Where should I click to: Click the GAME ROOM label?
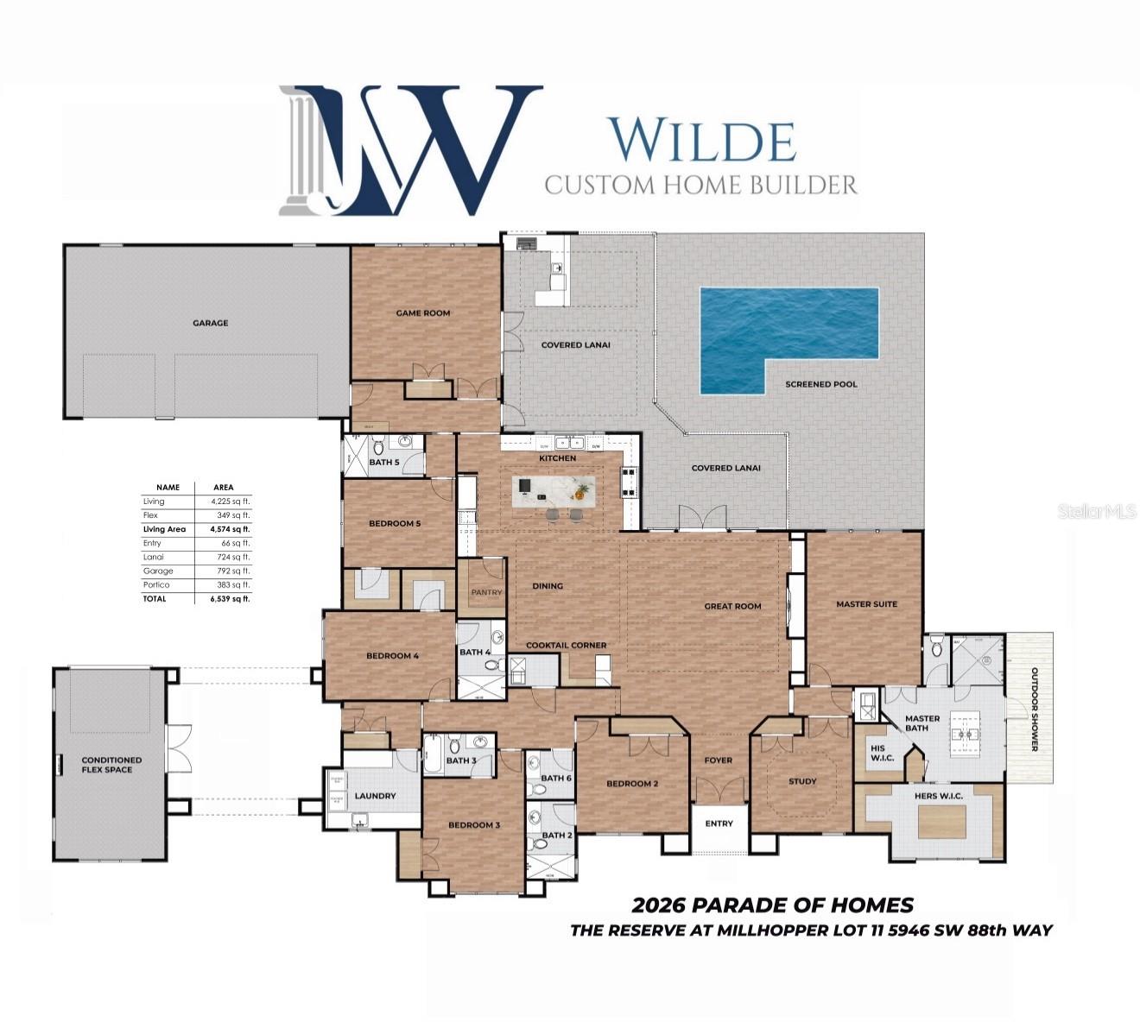[423, 313]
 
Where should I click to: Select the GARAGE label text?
[211, 323]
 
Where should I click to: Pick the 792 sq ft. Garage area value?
[231, 571]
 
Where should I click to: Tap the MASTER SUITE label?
[866, 604]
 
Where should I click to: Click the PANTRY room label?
[486, 593]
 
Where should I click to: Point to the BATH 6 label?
[556, 778]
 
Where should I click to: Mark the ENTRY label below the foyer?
[719, 823]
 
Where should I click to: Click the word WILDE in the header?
[701, 141]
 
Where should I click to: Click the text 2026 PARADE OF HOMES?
[772, 905]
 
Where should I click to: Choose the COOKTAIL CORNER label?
[567, 645]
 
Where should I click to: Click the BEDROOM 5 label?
[395, 523]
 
